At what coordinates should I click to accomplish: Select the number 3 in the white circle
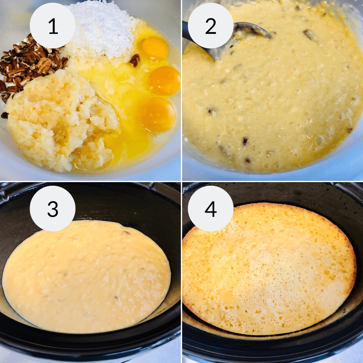53,208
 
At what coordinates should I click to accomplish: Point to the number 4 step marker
211,208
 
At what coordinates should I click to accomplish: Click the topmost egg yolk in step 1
155,48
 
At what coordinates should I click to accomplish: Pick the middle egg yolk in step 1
165,80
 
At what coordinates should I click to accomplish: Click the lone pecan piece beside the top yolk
135,60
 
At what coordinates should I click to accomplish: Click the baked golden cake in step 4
269,269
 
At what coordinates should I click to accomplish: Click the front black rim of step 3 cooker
91,345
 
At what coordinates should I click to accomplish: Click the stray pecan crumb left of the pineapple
4,115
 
